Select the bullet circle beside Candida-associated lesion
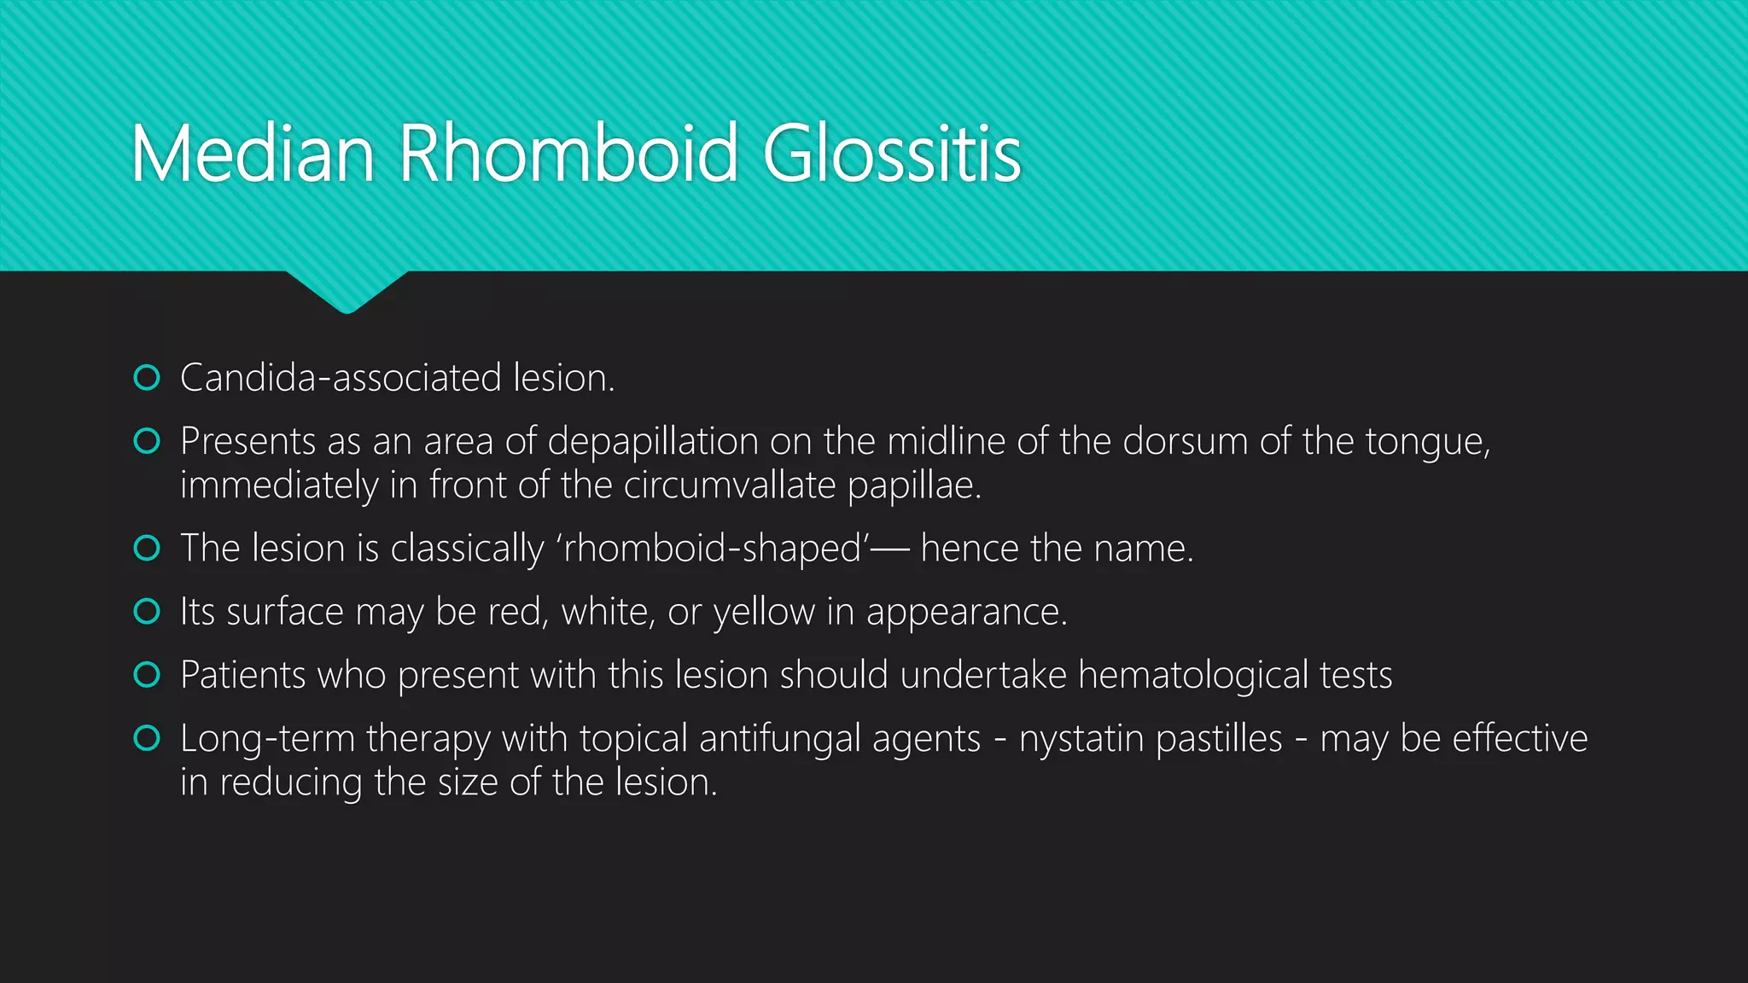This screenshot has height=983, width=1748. tap(147, 377)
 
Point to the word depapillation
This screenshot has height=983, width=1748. tap(653, 442)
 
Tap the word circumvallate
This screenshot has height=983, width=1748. tap(730, 486)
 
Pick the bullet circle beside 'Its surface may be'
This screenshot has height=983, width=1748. tap(147, 611)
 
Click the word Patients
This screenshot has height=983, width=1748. tap(243, 675)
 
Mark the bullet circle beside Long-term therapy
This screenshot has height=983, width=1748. tap(147, 738)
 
